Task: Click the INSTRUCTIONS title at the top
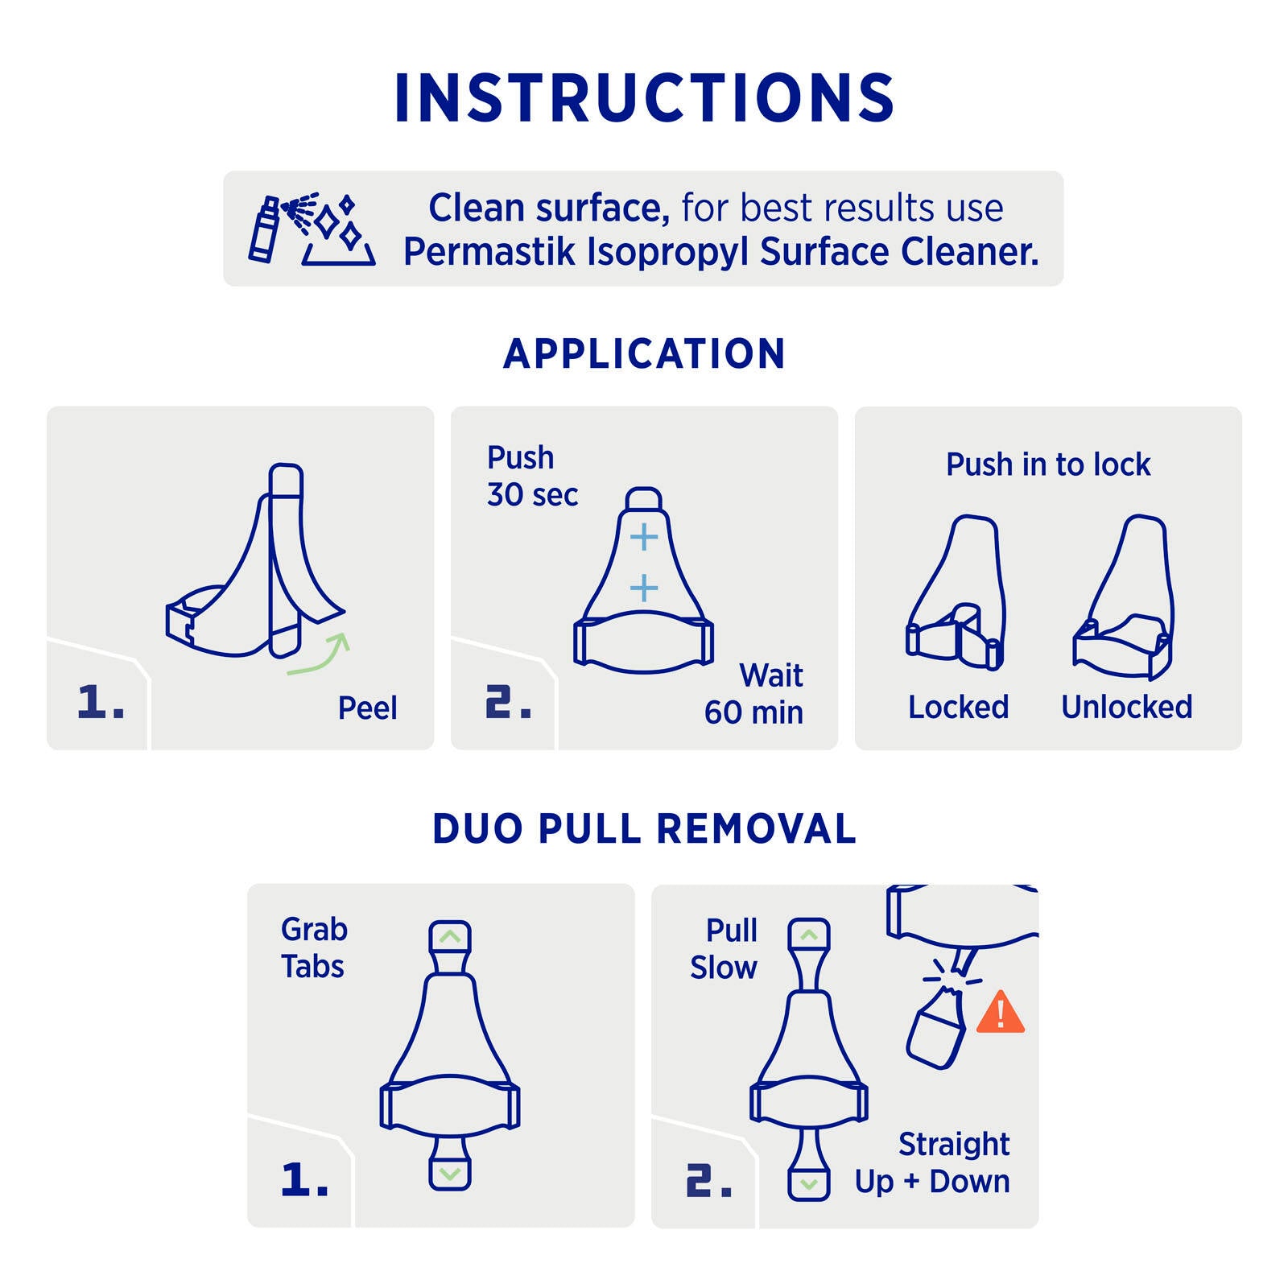[644, 98]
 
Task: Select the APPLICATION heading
[644, 354]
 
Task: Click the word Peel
[367, 708]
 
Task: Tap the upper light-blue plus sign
[644, 537]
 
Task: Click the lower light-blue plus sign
[644, 588]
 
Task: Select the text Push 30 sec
[532, 476]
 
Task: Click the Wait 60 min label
[754, 693]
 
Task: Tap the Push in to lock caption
[1048, 464]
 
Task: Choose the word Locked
[958, 707]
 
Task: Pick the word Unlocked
[1127, 707]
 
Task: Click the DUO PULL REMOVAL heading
[644, 829]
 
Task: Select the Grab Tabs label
[314, 948]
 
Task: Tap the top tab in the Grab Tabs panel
[450, 937]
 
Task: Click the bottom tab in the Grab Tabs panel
[450, 1172]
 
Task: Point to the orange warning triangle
[1001, 1012]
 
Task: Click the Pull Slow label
[724, 949]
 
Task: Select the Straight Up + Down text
[932, 1163]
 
